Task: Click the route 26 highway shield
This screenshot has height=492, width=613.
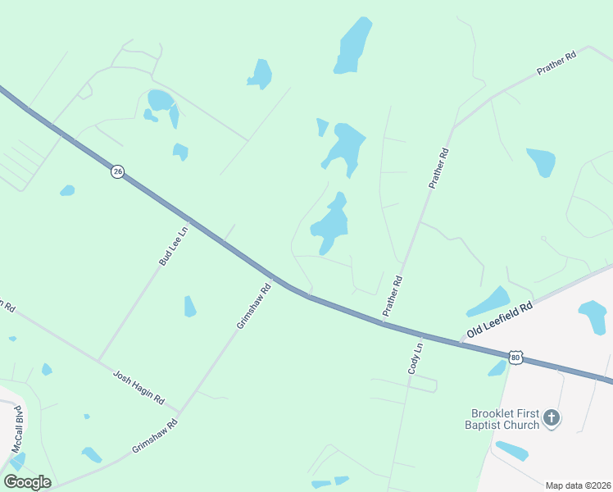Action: pyautogui.click(x=118, y=172)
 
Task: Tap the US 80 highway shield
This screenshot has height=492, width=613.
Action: pyautogui.click(x=515, y=357)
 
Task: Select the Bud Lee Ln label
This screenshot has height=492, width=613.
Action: pyautogui.click(x=173, y=245)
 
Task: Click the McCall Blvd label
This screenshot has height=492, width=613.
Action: pyautogui.click(x=17, y=427)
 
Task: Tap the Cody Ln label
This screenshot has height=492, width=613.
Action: pyautogui.click(x=416, y=358)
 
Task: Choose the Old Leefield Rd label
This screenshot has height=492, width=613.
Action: pyautogui.click(x=500, y=319)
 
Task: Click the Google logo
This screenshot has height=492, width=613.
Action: pyautogui.click(x=27, y=482)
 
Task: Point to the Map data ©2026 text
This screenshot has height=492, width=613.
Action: pyautogui.click(x=576, y=485)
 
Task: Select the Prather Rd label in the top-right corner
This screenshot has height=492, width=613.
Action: pyautogui.click(x=557, y=63)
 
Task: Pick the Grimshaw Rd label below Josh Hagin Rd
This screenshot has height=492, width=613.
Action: pyautogui.click(x=154, y=438)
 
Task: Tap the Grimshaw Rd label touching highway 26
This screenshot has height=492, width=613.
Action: pyautogui.click(x=253, y=307)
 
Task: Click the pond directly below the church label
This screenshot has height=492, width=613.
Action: pyautogui.click(x=512, y=450)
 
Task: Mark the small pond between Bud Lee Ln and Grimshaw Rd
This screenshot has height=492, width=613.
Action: pyautogui.click(x=189, y=307)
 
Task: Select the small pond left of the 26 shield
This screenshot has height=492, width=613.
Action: pyautogui.click(x=67, y=190)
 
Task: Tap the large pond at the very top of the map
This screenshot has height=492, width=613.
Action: pyautogui.click(x=353, y=46)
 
